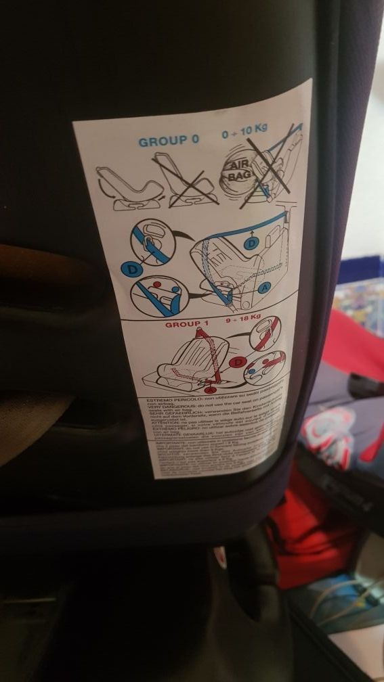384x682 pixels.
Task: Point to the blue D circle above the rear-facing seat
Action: [252, 242]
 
